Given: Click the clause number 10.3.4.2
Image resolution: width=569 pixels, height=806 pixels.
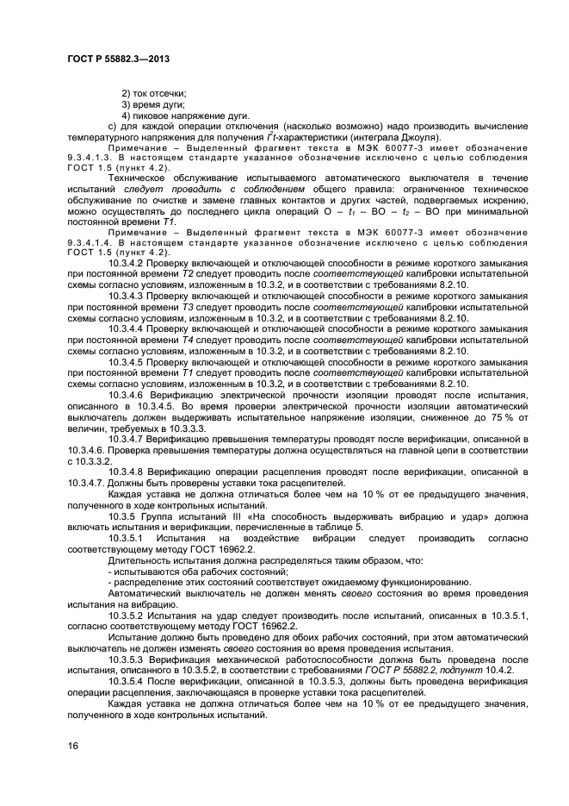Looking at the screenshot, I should [x=126, y=262].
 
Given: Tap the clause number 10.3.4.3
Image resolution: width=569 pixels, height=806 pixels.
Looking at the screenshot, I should [x=126, y=297].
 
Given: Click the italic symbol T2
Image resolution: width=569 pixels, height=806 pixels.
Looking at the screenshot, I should [x=187, y=274].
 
